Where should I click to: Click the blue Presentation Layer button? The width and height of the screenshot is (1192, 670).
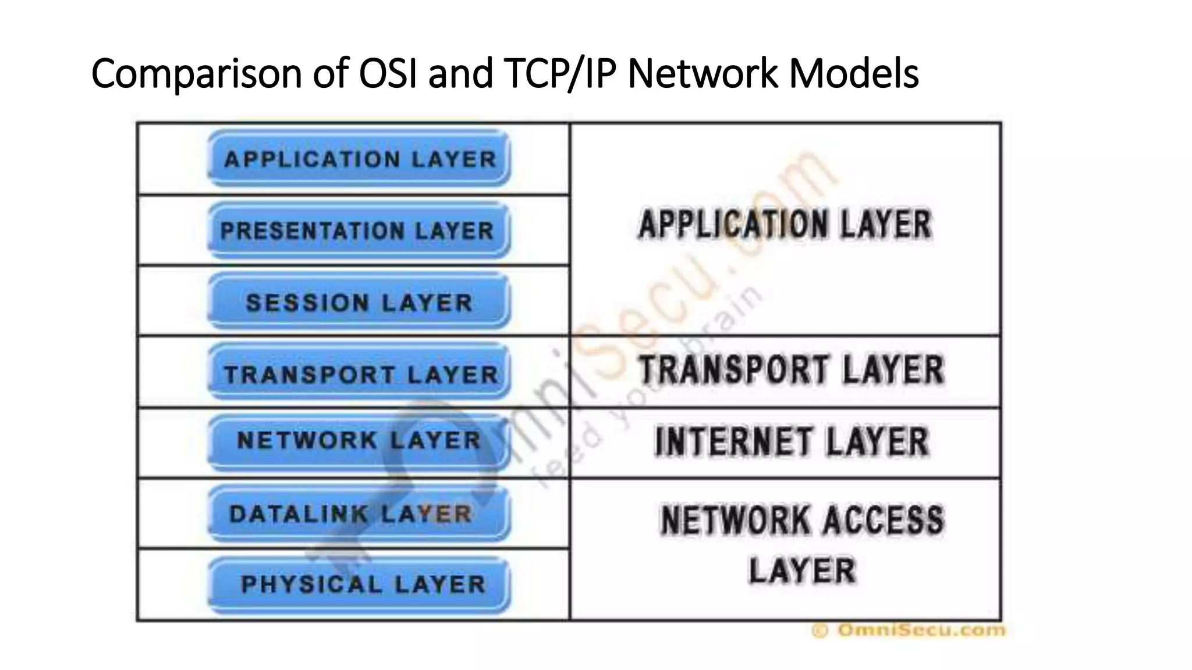point(359,230)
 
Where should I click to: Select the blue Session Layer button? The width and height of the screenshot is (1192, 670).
point(359,302)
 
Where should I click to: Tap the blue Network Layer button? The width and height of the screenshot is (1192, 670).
point(359,440)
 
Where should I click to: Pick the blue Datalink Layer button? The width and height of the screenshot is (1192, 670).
point(359,514)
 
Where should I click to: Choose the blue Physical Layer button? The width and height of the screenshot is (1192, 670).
point(359,584)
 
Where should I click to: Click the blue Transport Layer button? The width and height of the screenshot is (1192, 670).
point(359,374)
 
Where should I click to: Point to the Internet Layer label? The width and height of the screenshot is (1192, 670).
point(792,442)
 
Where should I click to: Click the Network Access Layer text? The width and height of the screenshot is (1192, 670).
point(802,544)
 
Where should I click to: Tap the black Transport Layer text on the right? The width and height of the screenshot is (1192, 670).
point(792,370)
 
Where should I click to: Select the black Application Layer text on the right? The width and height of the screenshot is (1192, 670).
point(786,224)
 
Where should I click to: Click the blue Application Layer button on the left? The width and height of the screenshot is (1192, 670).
point(359,159)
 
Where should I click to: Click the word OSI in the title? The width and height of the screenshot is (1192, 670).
point(388,74)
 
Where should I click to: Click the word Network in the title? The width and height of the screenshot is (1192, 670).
point(703,74)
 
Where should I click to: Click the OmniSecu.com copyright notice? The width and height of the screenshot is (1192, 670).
point(909,630)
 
